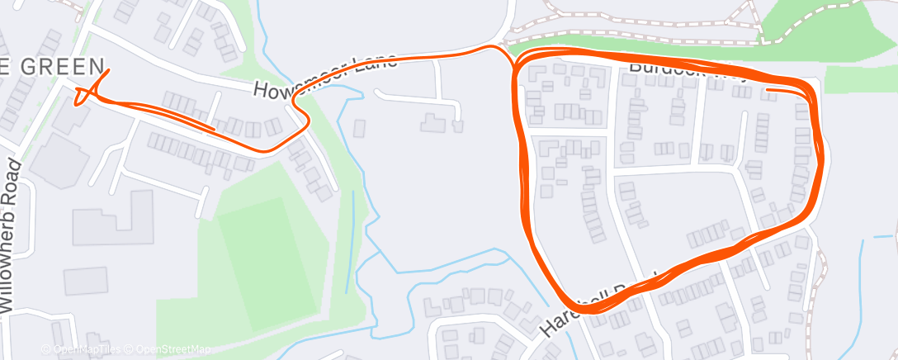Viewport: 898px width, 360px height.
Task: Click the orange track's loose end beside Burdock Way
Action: pyautogui.click(x=768, y=88)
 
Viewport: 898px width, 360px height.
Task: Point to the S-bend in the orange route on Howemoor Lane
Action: pyautogui.click(x=300, y=116)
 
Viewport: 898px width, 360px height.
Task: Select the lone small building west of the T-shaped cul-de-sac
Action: pyautogui.click(x=360, y=128)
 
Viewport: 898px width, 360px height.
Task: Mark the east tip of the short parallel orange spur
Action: pyautogui.click(x=215, y=129)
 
